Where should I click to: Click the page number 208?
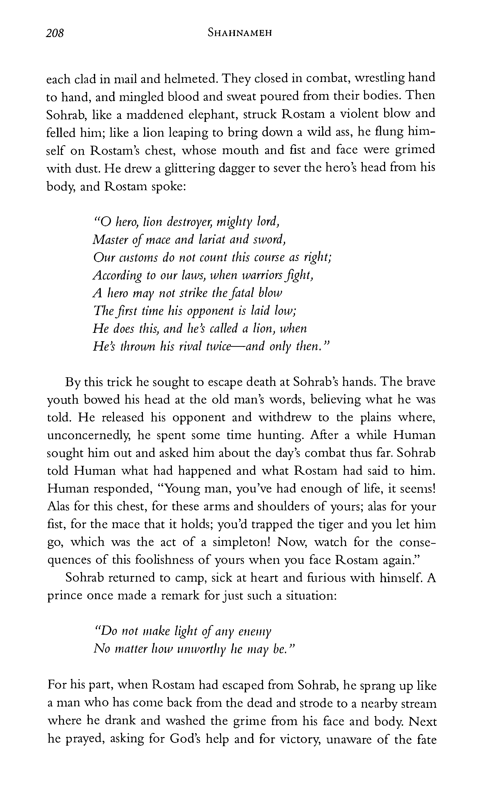(55, 33)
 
